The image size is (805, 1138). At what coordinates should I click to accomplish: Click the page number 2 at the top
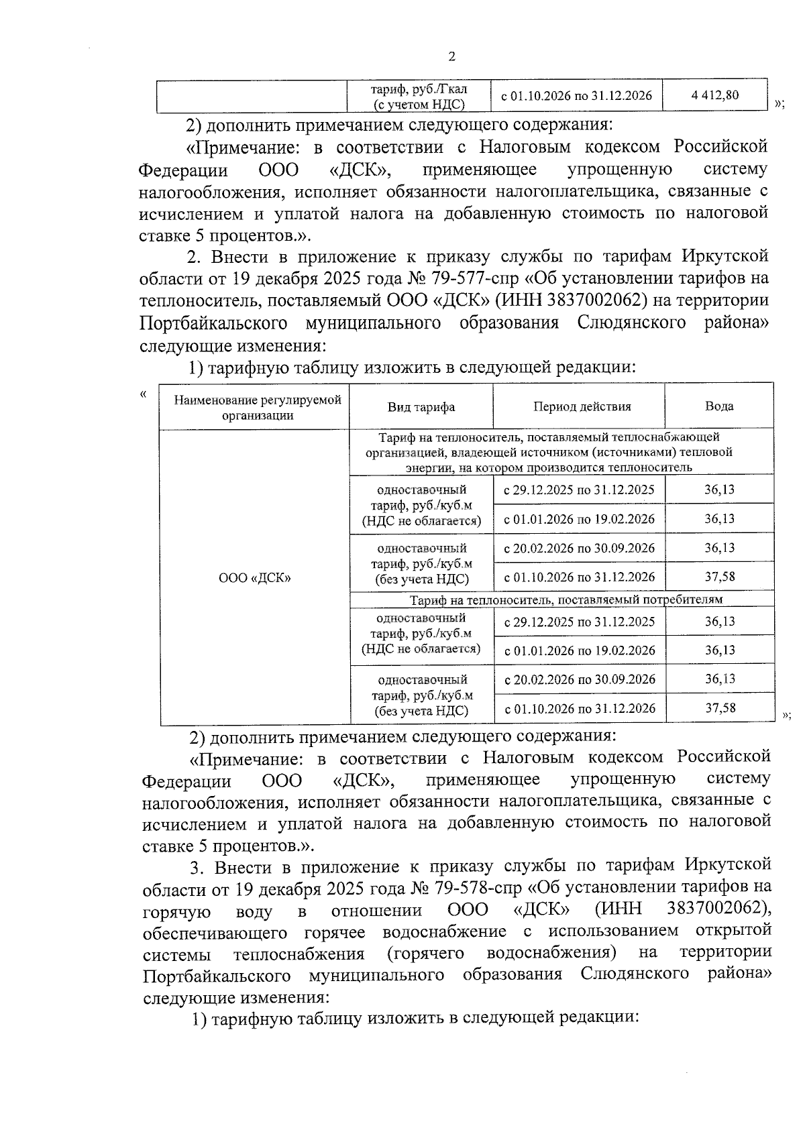[x=451, y=56]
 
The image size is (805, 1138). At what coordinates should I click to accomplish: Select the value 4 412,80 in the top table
[x=714, y=96]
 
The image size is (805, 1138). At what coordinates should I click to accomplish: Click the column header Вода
[x=718, y=406]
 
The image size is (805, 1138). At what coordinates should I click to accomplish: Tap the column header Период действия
[x=582, y=406]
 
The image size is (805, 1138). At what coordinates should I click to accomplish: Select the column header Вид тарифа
[x=421, y=407]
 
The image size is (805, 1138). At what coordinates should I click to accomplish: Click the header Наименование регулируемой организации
[x=258, y=407]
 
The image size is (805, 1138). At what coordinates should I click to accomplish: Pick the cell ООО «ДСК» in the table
[x=255, y=577]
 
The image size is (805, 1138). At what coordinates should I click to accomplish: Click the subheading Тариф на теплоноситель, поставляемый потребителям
[x=566, y=599]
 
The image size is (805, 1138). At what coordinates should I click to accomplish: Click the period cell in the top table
[x=577, y=96]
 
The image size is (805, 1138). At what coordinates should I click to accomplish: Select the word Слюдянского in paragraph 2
[x=631, y=323]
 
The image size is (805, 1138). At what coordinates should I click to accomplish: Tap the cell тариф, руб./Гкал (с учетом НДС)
[x=419, y=96]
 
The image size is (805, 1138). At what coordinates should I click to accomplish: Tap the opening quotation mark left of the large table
[x=143, y=394]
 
